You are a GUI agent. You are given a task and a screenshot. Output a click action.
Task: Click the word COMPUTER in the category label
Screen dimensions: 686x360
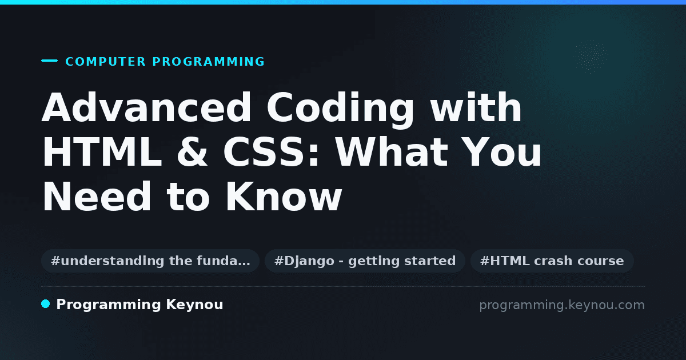tap(105, 62)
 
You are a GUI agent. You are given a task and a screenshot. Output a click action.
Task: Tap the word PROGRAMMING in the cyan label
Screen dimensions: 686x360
tap(208, 62)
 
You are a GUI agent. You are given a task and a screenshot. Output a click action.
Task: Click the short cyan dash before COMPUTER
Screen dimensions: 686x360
tap(49, 61)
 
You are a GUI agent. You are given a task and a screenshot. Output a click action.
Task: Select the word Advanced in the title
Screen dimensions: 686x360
tap(146, 107)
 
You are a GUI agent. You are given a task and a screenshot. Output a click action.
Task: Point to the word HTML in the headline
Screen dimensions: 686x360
tap(102, 152)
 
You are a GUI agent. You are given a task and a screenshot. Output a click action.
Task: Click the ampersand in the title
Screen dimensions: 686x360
tap(192, 152)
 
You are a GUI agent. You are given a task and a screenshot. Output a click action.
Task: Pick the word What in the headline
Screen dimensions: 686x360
tap(392, 152)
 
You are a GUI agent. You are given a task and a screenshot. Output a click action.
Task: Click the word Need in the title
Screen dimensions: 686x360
tap(97, 196)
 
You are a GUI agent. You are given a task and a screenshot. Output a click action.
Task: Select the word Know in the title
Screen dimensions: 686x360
tap(284, 196)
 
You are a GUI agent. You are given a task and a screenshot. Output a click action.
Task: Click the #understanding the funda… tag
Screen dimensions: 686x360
tap(150, 261)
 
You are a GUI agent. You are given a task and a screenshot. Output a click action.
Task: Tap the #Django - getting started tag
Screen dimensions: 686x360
tap(365, 261)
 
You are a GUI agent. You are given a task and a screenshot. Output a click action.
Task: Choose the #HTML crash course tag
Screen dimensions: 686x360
tap(552, 261)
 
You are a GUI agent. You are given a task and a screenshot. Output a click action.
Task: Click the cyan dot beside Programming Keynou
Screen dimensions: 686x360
tap(46, 304)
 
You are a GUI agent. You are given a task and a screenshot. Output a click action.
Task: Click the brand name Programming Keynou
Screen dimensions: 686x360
tap(139, 305)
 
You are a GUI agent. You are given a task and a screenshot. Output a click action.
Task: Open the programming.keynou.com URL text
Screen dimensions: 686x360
tap(562, 305)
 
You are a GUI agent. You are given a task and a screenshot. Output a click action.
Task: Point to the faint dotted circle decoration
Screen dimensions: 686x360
tap(591, 57)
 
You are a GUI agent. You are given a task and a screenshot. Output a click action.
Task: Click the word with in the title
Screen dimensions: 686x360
tap(476, 107)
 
